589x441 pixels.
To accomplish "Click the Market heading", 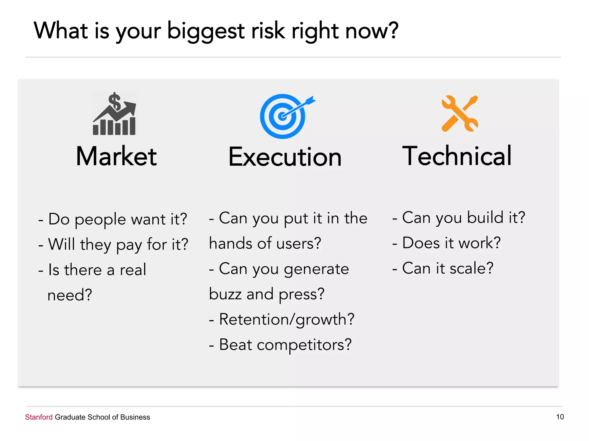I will point(116,156).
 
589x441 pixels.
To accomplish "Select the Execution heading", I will point(285,157).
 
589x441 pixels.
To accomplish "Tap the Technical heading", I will point(457,156).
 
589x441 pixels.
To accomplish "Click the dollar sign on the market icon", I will point(115,101).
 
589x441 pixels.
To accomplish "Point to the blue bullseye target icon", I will point(282,117).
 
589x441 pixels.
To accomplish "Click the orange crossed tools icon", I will point(460,114).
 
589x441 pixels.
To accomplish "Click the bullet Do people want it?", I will point(113,219).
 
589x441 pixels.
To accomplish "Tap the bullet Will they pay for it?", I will point(113,245).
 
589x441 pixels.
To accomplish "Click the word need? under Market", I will point(70,295).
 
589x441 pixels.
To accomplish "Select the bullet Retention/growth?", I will point(282,320).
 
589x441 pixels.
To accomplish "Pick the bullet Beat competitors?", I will point(280,345).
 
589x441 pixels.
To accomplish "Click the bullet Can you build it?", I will point(459,218).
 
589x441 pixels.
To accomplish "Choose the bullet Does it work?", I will point(446,243).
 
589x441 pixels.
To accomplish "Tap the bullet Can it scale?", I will point(443,268).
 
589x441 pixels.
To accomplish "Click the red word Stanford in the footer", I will point(39,417).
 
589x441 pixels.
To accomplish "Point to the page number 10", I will point(560,417).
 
